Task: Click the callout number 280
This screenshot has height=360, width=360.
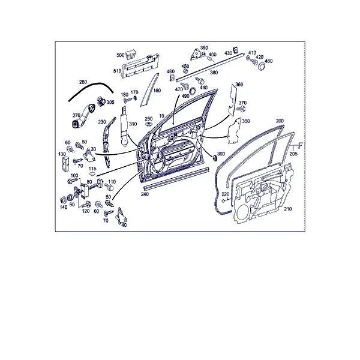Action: coord(83,82)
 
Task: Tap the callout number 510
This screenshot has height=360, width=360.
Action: coord(117,71)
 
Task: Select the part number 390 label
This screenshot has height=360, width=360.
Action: coord(204,48)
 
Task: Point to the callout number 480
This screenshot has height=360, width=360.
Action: coord(269,61)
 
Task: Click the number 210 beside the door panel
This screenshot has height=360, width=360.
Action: coord(288,209)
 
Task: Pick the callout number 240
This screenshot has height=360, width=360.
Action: coord(145,194)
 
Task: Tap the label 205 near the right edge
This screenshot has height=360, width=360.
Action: coord(293,154)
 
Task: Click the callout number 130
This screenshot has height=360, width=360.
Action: coord(62,154)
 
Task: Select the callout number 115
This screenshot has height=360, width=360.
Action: coord(92,169)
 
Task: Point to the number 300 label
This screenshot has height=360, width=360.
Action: coord(221,154)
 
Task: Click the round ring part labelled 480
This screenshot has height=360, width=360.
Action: coord(262,67)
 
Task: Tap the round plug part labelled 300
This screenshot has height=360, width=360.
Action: coord(215,158)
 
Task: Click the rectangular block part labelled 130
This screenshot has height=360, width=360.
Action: coord(65,164)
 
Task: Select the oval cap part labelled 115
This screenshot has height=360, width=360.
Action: coord(92,173)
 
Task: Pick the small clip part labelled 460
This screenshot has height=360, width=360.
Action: coord(172,77)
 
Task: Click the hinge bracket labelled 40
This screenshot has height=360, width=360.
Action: coord(121,216)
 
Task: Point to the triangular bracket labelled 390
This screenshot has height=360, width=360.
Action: coord(196,55)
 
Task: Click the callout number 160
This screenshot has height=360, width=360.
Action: coord(157,91)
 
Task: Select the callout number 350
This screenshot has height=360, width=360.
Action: coord(246,121)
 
